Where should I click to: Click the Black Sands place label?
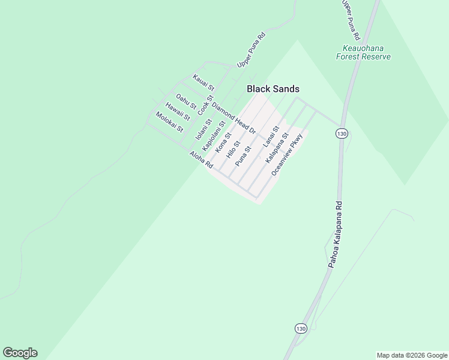(x=273, y=89)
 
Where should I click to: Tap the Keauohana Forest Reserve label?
(x=363, y=52)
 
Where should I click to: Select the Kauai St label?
(x=203, y=82)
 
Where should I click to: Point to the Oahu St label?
(x=186, y=101)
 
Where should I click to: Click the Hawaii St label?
(x=178, y=112)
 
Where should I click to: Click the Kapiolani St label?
(x=214, y=136)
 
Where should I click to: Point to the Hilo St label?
(x=233, y=149)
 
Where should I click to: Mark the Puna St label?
(x=243, y=155)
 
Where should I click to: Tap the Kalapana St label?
(x=277, y=148)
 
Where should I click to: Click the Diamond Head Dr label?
(x=234, y=117)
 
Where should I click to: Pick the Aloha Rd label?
(x=201, y=159)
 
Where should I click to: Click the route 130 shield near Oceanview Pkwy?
(x=342, y=133)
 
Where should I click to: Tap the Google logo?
(x=20, y=353)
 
